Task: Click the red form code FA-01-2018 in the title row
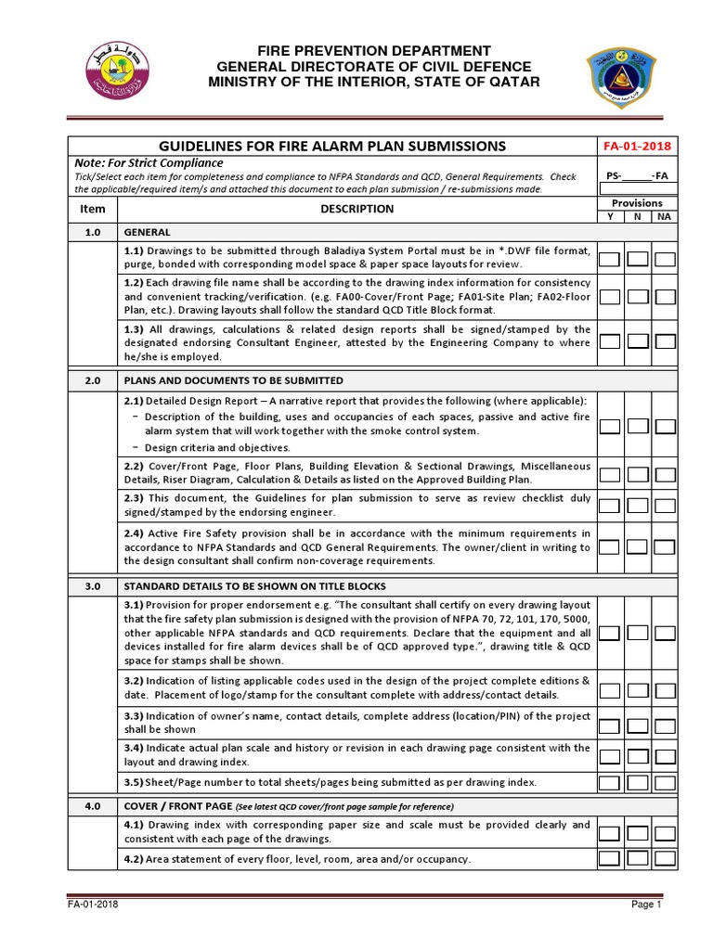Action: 637,147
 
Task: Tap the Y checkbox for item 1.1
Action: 609,259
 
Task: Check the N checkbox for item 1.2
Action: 637,297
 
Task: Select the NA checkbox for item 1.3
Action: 665,341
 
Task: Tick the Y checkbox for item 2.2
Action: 609,473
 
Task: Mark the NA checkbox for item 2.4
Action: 665,547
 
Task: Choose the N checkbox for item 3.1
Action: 637,633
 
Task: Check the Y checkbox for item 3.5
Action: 609,783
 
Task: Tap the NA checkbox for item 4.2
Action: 665,858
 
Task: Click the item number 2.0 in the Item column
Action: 93,381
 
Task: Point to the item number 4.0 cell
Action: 93,806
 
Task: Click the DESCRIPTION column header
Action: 356,210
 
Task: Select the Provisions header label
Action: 637,203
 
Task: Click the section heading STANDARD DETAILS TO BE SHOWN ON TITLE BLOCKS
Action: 254,586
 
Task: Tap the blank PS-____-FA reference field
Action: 637,175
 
